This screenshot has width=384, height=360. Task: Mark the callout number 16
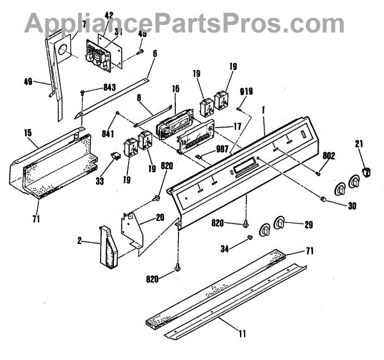(173, 90)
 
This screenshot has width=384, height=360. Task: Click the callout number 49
(28, 82)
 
